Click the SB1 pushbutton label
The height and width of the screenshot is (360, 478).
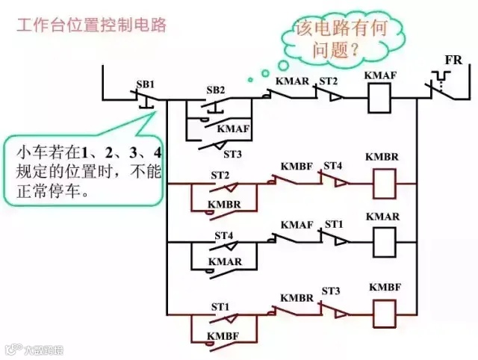146,84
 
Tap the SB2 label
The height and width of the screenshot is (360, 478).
216,90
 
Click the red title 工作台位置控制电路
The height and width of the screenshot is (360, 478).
91,25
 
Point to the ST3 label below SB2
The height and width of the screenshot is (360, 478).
233,154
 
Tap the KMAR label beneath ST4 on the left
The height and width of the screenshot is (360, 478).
223,262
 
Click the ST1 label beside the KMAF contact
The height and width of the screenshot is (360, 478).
333,224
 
